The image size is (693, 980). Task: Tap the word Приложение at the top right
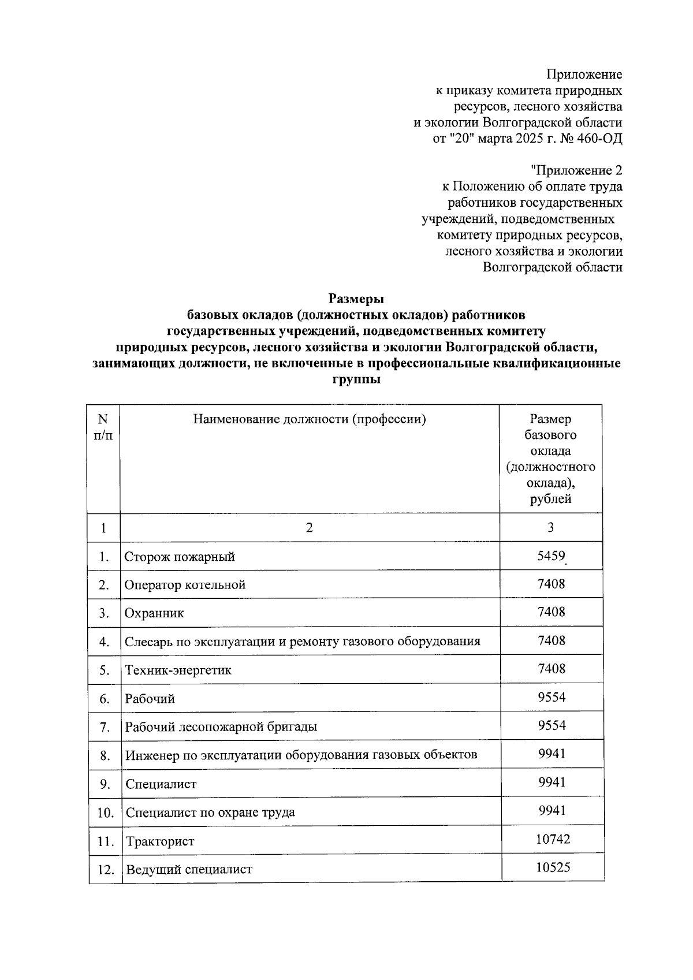[584, 74]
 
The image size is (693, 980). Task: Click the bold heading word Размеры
[356, 299]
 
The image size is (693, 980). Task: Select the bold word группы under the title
[356, 380]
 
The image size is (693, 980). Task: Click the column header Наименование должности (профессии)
[310, 419]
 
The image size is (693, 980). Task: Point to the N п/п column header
[103, 427]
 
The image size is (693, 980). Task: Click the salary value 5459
[551, 556]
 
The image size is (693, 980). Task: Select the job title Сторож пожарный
[180, 557]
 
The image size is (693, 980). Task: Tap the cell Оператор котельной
[185, 585]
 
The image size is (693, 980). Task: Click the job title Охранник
[154, 613]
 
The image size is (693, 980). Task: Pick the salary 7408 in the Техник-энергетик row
[551, 669]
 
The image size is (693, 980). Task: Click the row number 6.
[105, 699]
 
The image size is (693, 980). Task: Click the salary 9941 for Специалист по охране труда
[552, 811]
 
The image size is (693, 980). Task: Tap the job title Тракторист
[160, 841]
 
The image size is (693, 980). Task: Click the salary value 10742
[553, 839]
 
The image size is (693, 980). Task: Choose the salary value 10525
[553, 867]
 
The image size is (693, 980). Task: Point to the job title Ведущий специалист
[189, 870]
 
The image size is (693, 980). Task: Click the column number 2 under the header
[309, 528]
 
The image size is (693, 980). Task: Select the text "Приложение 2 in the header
[576, 171]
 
